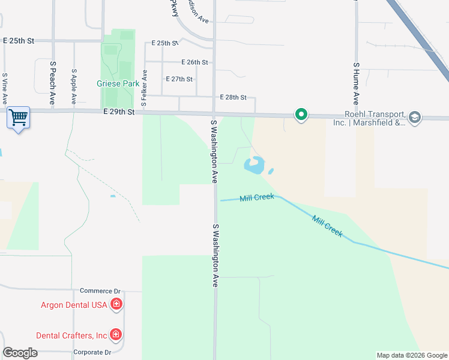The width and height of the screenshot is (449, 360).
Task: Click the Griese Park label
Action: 122,84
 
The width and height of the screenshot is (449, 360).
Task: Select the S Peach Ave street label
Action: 53,83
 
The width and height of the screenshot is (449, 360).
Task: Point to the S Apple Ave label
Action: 74,86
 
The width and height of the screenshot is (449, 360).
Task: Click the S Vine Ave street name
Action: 4,88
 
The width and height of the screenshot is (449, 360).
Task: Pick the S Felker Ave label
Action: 144,88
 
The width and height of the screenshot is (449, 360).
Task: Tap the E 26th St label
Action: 194,62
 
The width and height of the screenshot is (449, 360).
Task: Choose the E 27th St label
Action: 179,79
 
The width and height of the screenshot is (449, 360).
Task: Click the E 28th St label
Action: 234,97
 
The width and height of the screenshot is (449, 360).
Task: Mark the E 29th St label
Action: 118,112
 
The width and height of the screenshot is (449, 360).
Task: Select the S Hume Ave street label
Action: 356,83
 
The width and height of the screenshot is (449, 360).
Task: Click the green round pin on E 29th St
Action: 301,114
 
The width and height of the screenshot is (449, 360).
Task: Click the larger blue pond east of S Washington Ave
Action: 255,165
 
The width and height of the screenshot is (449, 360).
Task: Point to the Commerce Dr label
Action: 96,291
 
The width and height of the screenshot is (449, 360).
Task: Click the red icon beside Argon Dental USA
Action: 116,305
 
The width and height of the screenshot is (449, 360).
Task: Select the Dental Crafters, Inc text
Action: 71,335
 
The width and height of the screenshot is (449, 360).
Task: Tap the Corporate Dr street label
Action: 92,353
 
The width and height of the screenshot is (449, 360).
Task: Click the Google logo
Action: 20,353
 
